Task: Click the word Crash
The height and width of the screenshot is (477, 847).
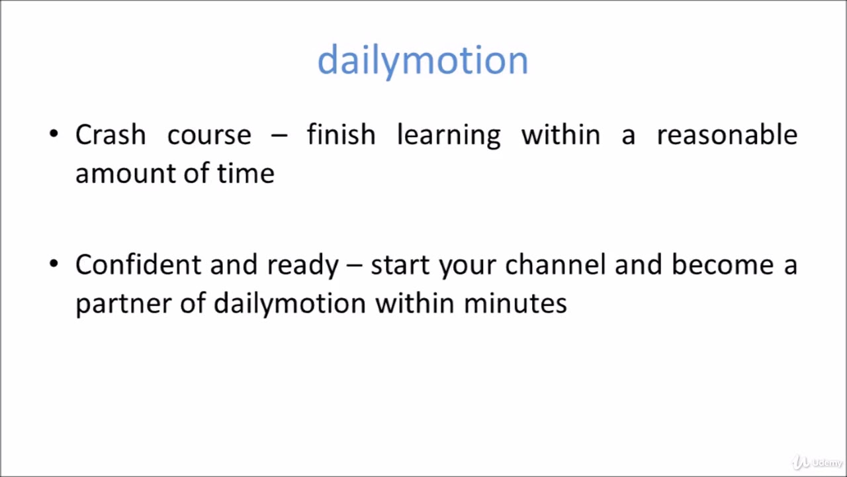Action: [111, 134]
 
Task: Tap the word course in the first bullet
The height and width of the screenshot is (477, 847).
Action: [209, 134]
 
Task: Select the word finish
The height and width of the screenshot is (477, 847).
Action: [341, 134]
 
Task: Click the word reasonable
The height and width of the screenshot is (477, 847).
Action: [727, 134]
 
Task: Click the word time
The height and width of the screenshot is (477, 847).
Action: [245, 174]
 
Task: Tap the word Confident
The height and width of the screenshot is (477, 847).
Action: [138, 264]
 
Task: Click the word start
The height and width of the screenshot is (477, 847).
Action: [400, 265]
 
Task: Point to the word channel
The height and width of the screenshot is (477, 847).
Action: [555, 264]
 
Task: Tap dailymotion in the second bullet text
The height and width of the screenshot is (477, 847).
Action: [289, 304]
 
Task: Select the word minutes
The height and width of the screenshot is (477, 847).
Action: [515, 303]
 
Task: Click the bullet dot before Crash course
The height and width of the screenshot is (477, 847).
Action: [54, 134]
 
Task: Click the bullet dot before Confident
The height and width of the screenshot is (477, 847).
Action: [54, 264]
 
